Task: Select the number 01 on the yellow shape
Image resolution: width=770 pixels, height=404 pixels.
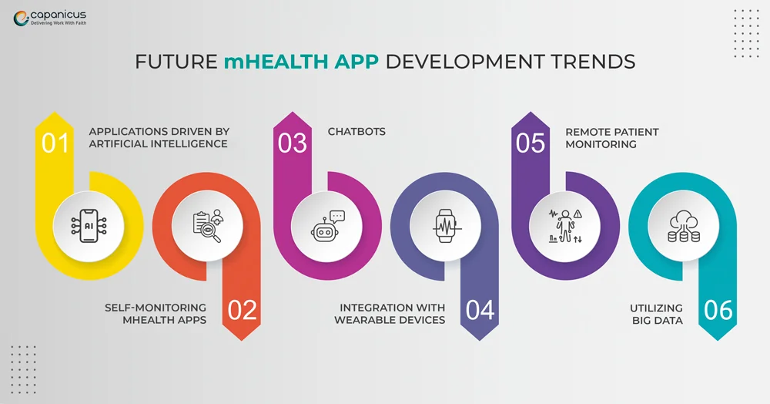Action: point(55,143)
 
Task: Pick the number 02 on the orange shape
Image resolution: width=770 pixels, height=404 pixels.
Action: point(242,310)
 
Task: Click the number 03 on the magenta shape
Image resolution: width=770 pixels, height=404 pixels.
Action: point(293,143)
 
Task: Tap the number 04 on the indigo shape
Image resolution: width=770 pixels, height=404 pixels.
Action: point(480,310)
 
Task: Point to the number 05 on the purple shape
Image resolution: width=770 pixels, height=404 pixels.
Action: point(531,143)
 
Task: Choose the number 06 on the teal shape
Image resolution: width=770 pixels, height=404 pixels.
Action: point(718,310)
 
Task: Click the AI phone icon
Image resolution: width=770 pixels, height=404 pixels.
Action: point(88,225)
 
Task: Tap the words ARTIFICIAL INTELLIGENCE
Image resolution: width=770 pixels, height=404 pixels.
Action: point(158,143)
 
